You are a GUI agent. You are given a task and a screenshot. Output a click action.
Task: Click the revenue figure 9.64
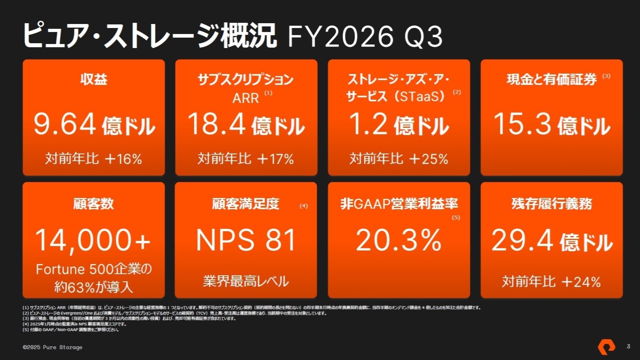pyautogui.click(x=65, y=124)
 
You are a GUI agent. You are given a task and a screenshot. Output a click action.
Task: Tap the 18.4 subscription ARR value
pyautogui.click(x=216, y=124)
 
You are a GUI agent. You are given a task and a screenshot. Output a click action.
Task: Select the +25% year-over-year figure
pyautogui.click(x=429, y=159)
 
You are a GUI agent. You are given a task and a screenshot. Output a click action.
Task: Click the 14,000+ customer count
pyautogui.click(x=93, y=240)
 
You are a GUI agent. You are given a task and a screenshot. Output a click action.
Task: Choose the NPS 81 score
pyautogui.click(x=246, y=240)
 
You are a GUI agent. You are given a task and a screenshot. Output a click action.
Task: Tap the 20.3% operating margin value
pyautogui.click(x=398, y=240)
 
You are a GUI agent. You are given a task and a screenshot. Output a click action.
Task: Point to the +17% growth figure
pyautogui.click(x=276, y=159)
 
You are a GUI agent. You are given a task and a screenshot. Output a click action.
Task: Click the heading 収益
pyautogui.click(x=94, y=79)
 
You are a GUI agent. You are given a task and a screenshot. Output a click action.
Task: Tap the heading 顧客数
pyautogui.click(x=94, y=204)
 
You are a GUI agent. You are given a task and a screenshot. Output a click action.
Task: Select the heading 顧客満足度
pyautogui.click(x=246, y=204)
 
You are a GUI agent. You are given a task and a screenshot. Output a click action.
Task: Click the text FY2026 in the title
pyautogui.click(x=340, y=36)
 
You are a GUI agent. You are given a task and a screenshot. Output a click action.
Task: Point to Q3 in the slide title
pyautogui.click(x=423, y=36)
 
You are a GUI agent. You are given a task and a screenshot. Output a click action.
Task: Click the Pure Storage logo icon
pyautogui.click(x=606, y=347)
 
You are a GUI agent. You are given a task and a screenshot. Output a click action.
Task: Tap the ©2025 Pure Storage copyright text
pyautogui.click(x=52, y=347)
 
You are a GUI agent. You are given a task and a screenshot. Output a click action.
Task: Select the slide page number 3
pyautogui.click(x=628, y=346)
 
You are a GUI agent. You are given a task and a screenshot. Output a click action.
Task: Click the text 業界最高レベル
pyautogui.click(x=246, y=281)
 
